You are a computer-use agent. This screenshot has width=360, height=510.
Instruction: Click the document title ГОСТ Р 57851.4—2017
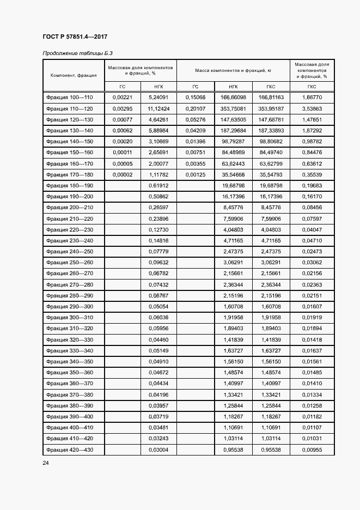tap(75, 37)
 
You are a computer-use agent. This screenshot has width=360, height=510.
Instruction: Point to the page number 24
tap(46, 463)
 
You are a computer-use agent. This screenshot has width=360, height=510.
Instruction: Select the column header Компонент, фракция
tap(74, 75)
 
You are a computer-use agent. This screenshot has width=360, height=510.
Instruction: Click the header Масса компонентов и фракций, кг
tap(233, 70)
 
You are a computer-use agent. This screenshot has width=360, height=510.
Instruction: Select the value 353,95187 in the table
tap(271, 108)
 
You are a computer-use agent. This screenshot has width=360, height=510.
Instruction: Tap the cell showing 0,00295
tap(123, 108)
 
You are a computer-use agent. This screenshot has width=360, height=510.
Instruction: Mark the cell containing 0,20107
tap(195, 108)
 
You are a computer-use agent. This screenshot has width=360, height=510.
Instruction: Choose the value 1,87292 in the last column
tap(312, 131)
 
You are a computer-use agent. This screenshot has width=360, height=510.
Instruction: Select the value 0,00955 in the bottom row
tap(312, 450)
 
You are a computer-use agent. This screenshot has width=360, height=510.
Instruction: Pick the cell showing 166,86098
tap(233, 97)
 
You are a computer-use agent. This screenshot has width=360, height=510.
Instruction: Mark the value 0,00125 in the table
tap(195, 175)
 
